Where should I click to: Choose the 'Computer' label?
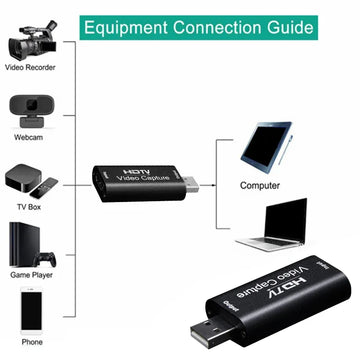(260, 186)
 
